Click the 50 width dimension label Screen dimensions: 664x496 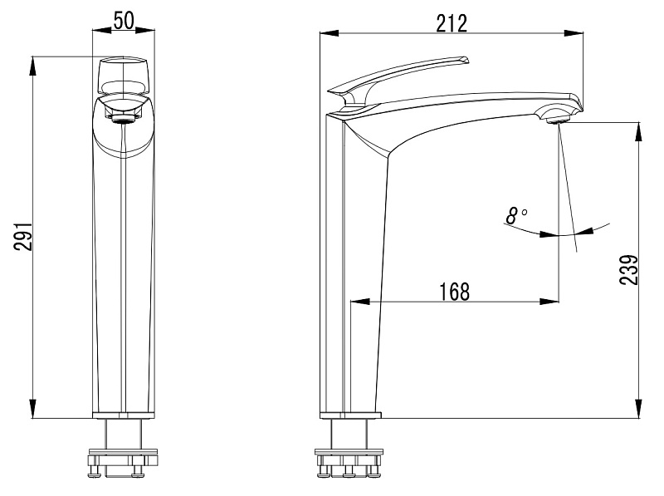pos(124,21)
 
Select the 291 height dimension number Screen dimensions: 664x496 pos(23,236)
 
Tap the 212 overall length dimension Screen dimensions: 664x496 pos(452,23)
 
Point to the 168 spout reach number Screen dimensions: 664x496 pos(454,292)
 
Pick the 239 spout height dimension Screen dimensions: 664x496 pos(628,270)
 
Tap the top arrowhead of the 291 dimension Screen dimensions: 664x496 pos(32,66)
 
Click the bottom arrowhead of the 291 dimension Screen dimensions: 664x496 pos(32,408)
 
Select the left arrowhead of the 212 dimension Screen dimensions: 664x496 pos(330,33)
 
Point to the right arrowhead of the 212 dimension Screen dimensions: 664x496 pos(574,33)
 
